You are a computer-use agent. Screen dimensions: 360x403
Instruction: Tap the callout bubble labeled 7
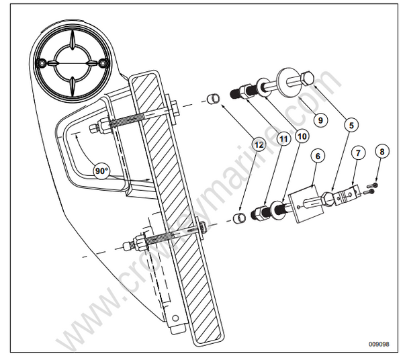(359, 154)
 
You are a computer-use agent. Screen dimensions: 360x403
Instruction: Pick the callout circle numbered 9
(321, 120)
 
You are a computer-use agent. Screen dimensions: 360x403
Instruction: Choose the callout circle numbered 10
(302, 136)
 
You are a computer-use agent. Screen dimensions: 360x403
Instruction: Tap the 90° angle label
(101, 171)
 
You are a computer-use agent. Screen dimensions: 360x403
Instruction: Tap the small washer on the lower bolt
(275, 212)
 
